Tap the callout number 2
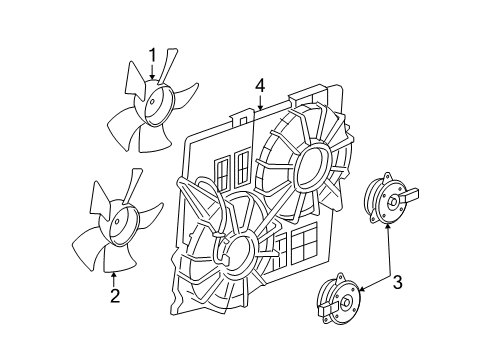115,295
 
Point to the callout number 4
259,87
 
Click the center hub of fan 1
155,102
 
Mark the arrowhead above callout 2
115,272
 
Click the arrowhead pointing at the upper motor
387,228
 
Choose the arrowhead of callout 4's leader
259,107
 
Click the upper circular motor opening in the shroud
310,164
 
